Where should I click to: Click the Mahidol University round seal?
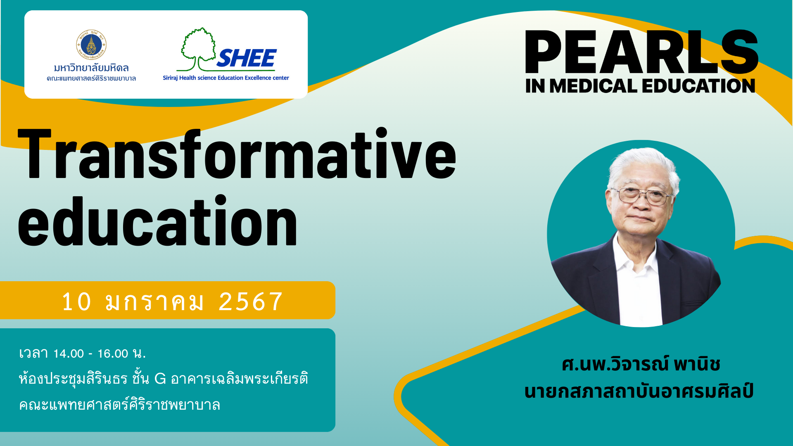pos(91,45)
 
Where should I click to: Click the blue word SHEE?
pos(247,58)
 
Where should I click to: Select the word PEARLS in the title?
pos(641,52)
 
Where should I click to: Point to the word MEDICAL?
pos(594,86)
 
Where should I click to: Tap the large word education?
pos(157,221)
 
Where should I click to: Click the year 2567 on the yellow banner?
pos(250,301)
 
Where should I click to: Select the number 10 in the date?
pos(76,301)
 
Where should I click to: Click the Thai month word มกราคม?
pos(154,301)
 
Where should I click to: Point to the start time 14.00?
pos(69,353)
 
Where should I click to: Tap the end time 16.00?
pos(113,353)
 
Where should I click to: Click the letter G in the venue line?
pos(160,379)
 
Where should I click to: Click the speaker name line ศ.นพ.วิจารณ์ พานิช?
pos(641,364)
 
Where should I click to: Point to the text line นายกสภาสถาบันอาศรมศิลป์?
pos(639,391)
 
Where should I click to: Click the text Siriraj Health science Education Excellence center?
pos(226,78)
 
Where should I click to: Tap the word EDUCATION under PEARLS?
pos(698,86)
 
